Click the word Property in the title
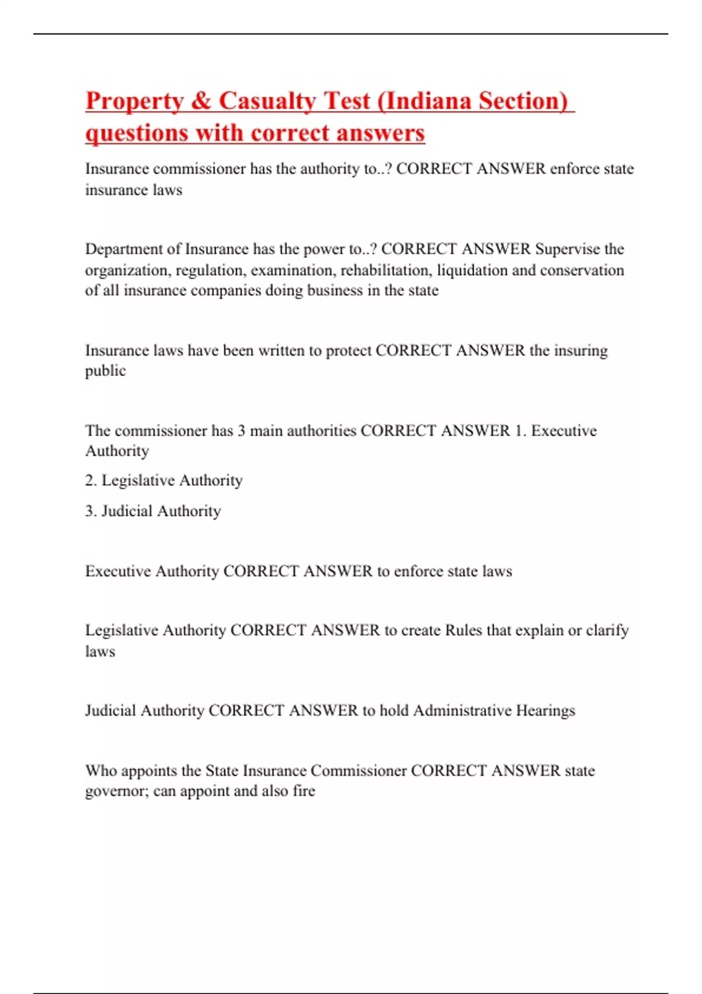point(135,101)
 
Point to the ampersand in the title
point(201,101)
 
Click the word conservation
point(581,270)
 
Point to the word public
point(105,371)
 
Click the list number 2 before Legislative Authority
point(90,481)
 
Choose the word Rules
point(463,630)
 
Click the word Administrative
point(462,710)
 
